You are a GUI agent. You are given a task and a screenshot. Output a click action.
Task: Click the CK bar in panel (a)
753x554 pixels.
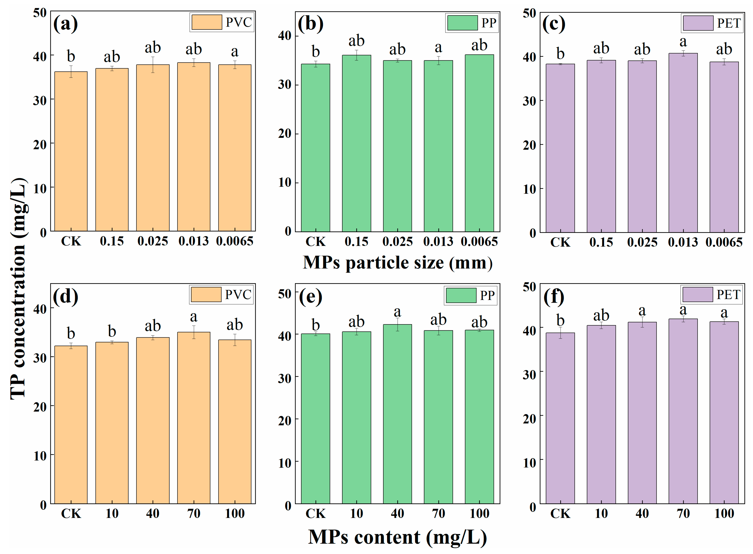(x=71, y=151)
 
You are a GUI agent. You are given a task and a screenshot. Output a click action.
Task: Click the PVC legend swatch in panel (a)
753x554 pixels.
(x=207, y=22)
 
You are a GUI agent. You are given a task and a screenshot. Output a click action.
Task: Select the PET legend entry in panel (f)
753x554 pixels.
(x=711, y=294)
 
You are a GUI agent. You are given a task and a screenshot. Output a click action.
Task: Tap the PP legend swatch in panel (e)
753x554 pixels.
(x=461, y=295)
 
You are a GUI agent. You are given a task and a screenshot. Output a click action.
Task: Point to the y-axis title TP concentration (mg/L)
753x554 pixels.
(x=18, y=288)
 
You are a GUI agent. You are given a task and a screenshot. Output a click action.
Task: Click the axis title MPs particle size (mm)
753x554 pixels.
(x=398, y=263)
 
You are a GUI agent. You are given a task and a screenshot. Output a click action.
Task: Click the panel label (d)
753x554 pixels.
(x=65, y=296)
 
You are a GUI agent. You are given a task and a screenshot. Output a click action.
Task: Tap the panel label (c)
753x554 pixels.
(x=554, y=24)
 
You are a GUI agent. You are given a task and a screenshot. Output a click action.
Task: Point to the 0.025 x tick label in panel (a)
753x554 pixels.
(x=153, y=241)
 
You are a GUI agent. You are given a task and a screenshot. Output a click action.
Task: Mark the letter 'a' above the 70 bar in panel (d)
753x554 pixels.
(x=194, y=316)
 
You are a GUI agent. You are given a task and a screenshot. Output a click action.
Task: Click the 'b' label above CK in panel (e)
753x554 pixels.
(x=315, y=324)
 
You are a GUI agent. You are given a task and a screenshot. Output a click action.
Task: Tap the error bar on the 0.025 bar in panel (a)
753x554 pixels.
(x=153, y=64)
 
